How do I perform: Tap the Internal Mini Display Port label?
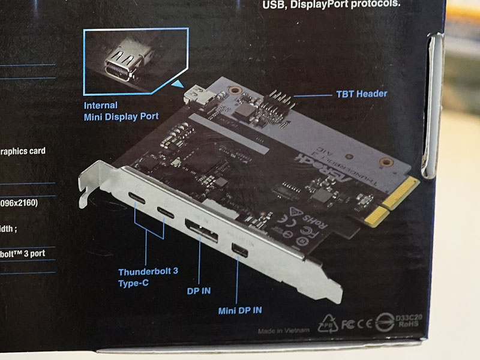point(121,111)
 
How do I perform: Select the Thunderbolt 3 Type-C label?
point(148,277)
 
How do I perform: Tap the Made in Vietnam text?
point(284,331)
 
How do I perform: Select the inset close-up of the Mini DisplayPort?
point(127,61)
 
